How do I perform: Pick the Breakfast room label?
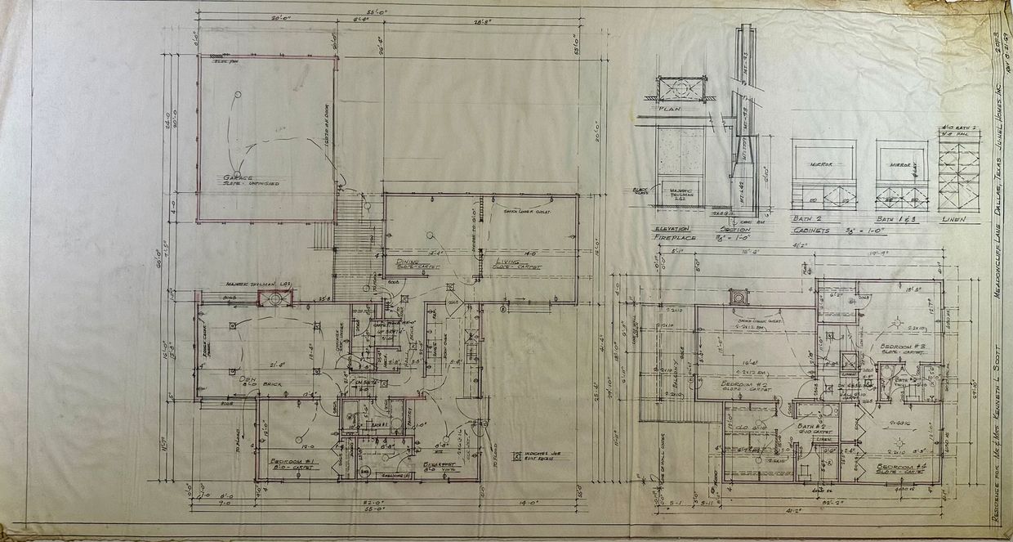click(441, 464)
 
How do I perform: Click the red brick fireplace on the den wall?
click(275, 298)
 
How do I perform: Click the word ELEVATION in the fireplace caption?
click(672, 229)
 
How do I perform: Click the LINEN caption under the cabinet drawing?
click(953, 219)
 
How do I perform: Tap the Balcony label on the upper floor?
click(677, 367)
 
